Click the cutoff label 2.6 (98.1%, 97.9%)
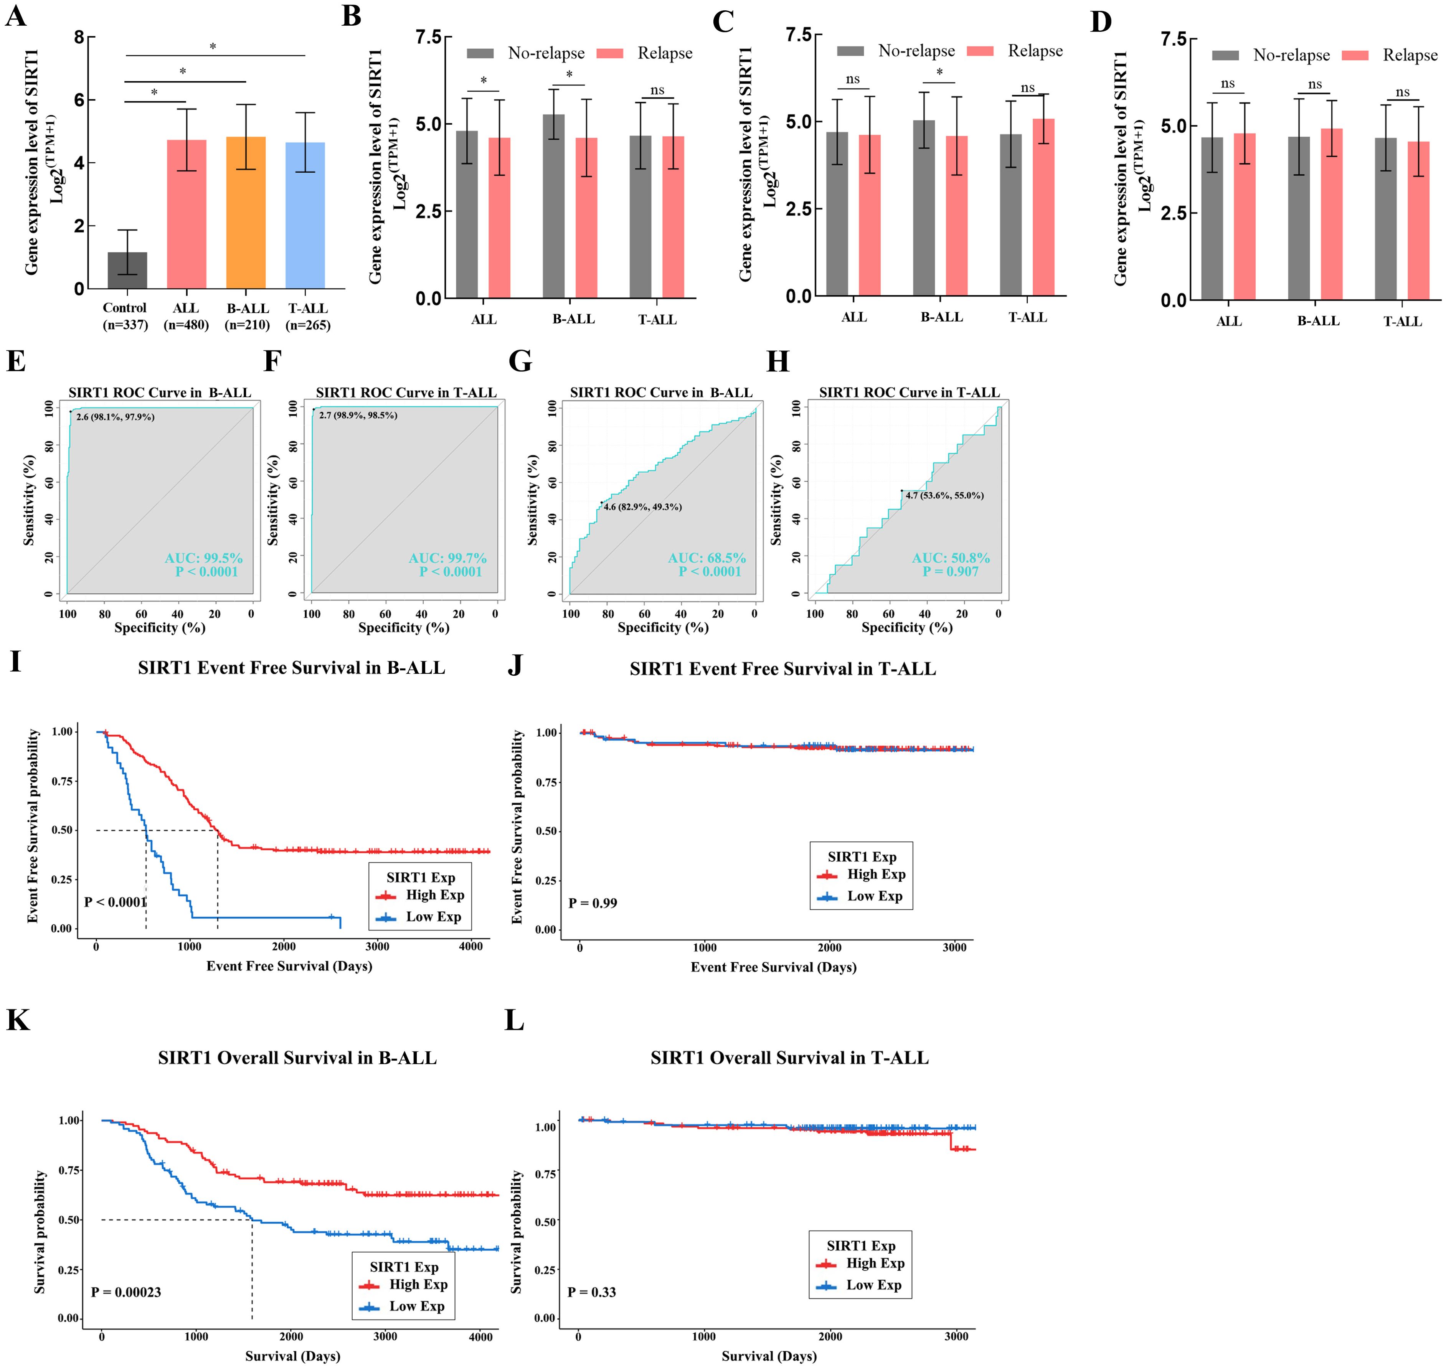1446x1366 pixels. pyautogui.click(x=115, y=417)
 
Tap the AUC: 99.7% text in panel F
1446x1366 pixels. pyautogui.click(x=447, y=558)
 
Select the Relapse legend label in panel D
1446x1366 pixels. pyautogui.click(x=1410, y=55)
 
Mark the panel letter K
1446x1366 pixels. pyautogui.click(x=18, y=1020)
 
